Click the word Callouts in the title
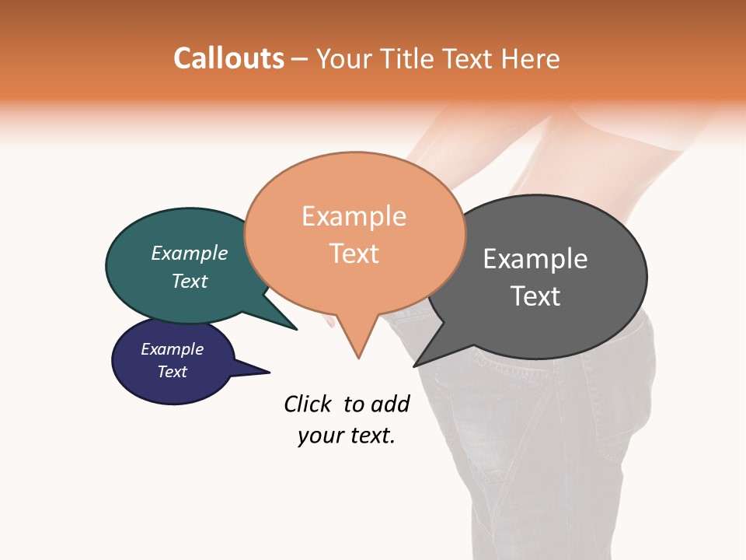228,58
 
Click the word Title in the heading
409,59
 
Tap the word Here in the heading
529,59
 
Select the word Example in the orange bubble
354,216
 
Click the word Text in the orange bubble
354,254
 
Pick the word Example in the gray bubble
535,259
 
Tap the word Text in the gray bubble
535,296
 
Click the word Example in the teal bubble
190,254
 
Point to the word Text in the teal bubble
190,281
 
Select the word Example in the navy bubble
173,349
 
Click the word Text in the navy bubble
173,372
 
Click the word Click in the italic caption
309,404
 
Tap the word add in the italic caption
390,404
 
